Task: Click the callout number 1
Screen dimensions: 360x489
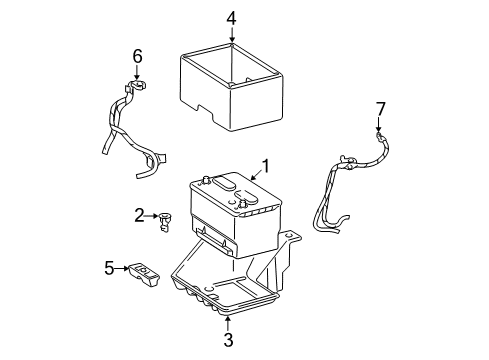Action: coord(266,165)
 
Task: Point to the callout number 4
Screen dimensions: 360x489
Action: coord(231,17)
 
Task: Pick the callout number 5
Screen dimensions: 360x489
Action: coord(109,267)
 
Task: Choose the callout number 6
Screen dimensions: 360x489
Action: coord(138,57)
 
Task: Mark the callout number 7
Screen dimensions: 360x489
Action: coord(379,108)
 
